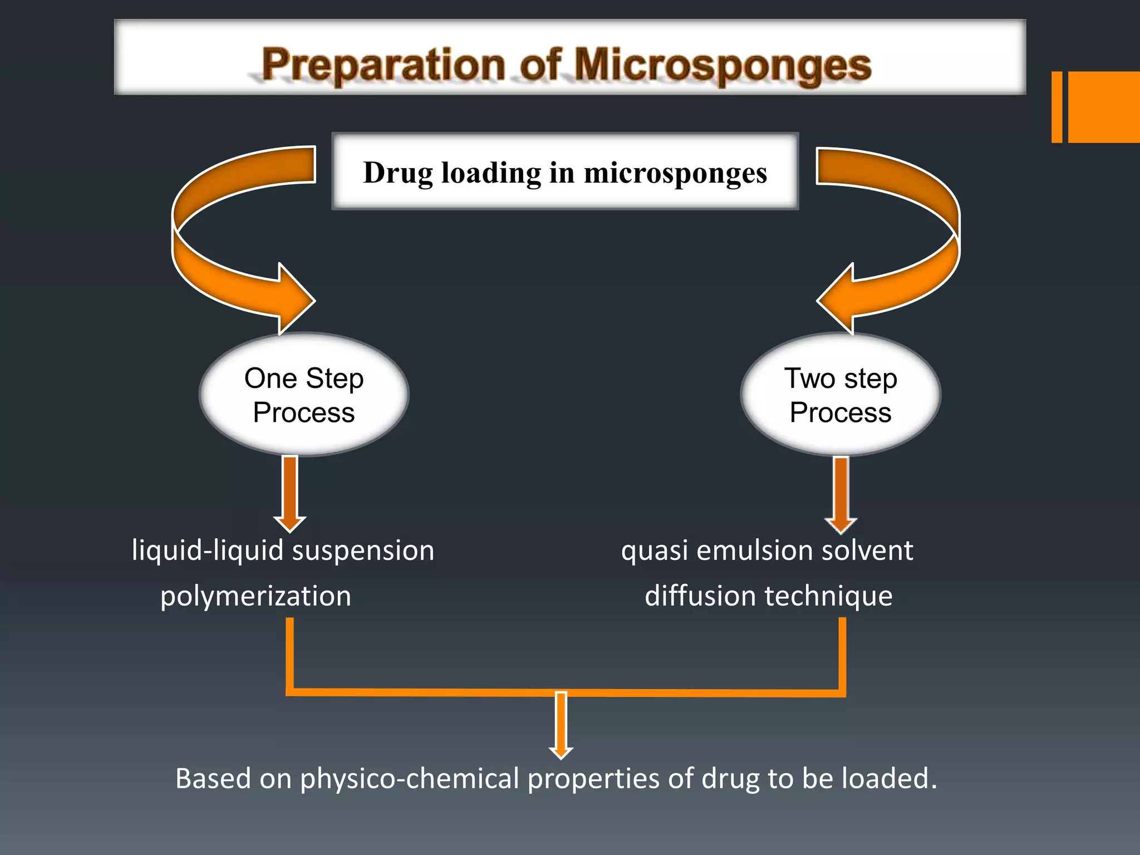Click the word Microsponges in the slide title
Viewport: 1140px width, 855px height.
coord(722,66)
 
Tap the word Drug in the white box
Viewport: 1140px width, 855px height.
coord(397,173)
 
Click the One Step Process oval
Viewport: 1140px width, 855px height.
coord(304,395)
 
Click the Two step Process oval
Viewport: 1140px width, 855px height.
coord(841,395)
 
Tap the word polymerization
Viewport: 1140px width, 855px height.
coord(255,596)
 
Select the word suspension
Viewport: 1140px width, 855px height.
coord(363,551)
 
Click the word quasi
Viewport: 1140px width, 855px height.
coord(655,551)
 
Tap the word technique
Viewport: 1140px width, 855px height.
coord(829,596)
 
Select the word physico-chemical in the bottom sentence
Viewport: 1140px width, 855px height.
coord(409,778)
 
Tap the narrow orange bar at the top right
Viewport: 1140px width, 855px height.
coord(1057,107)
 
